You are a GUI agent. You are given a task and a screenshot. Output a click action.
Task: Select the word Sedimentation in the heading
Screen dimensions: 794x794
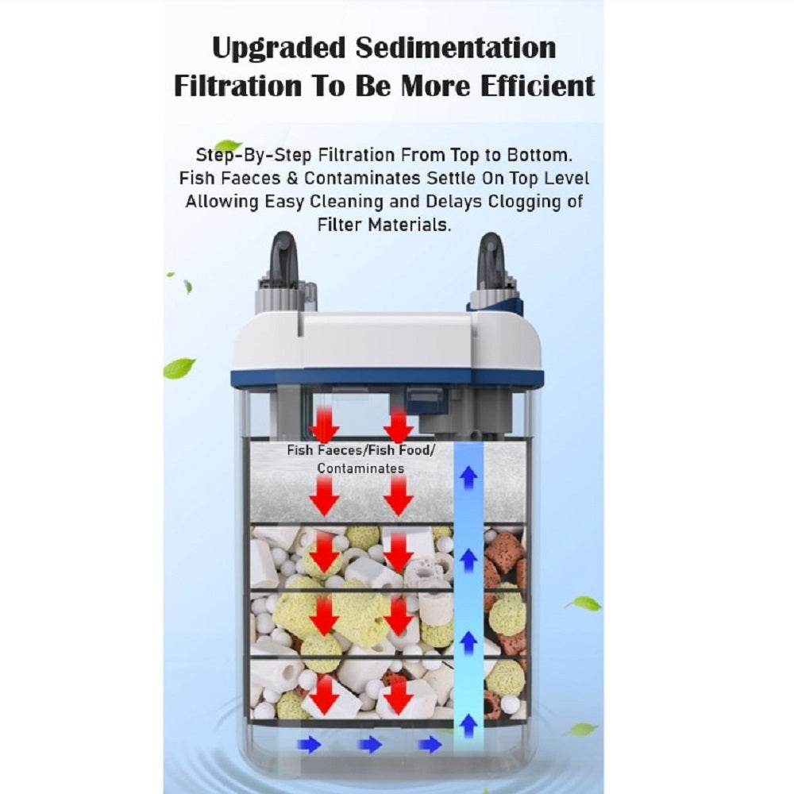pyautogui.click(x=456, y=48)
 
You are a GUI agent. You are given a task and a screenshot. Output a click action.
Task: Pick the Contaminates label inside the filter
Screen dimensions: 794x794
pyautogui.click(x=360, y=468)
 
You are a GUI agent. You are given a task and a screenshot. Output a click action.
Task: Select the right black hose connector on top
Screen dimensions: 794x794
pyautogui.click(x=491, y=261)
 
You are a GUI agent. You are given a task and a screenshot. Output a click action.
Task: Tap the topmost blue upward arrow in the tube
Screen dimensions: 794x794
pyautogui.click(x=468, y=477)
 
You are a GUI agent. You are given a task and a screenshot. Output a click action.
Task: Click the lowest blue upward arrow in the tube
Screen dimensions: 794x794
pyautogui.click(x=468, y=725)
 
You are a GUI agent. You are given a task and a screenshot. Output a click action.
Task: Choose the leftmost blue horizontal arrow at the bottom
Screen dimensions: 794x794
pyautogui.click(x=309, y=745)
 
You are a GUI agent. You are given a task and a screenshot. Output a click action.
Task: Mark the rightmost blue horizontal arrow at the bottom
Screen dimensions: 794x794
pyautogui.click(x=430, y=745)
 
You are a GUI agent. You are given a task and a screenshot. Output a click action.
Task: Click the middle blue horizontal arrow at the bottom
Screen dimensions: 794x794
pyautogui.click(x=370, y=745)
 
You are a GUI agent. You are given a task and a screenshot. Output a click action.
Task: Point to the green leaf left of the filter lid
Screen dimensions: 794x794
pyautogui.click(x=179, y=368)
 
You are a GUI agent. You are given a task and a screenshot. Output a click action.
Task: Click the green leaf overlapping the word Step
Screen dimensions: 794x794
pyautogui.click(x=227, y=146)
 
